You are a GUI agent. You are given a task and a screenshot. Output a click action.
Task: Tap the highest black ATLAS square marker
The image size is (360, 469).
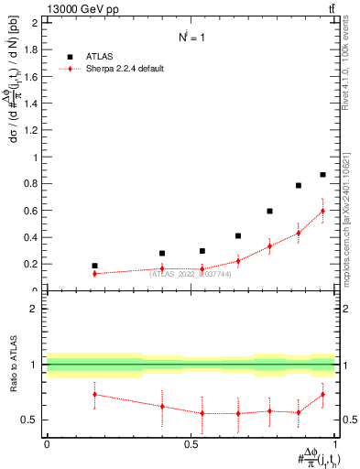pos(322,174)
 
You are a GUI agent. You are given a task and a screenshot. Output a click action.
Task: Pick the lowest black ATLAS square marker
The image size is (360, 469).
pos(94,266)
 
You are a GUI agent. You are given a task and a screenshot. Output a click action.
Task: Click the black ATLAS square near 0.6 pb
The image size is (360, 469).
pos(269,211)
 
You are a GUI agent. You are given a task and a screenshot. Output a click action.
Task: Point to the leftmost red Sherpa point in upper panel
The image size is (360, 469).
pos(94,273)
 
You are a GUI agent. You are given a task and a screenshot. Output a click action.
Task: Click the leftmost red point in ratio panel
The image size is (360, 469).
pos(94,394)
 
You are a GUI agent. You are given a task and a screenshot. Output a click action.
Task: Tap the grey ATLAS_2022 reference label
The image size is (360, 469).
pos(190,273)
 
